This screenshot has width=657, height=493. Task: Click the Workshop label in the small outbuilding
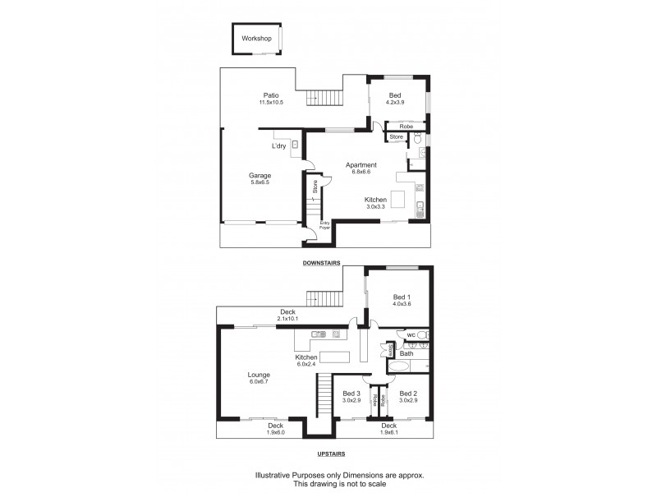256,39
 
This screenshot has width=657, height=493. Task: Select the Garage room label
260,175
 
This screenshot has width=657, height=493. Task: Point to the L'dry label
279,147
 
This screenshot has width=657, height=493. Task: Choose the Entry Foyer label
324,224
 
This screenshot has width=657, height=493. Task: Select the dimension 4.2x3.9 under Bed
396,103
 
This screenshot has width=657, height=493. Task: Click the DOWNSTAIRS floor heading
322,263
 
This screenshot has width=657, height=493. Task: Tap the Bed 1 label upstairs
401,297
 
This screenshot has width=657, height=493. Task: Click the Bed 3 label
351,393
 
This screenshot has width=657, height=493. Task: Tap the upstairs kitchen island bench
334,357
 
